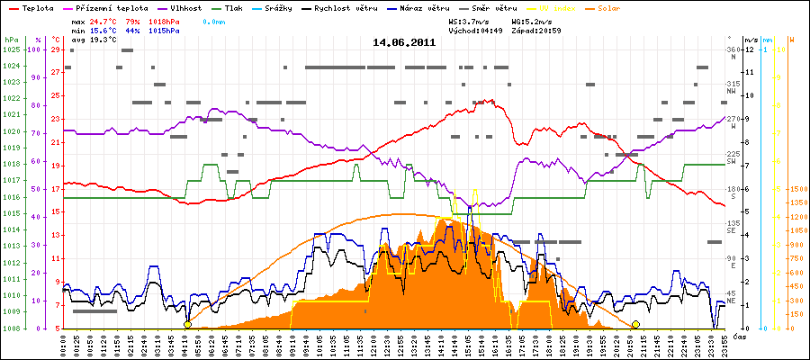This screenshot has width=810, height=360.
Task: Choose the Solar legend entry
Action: (x=622, y=6)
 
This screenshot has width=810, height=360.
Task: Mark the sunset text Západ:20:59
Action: (x=539, y=30)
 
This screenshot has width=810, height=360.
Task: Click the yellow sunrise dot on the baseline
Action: (x=187, y=324)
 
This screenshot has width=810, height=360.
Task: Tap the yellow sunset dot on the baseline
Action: (x=635, y=324)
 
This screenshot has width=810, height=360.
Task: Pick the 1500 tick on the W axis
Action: (x=796, y=189)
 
